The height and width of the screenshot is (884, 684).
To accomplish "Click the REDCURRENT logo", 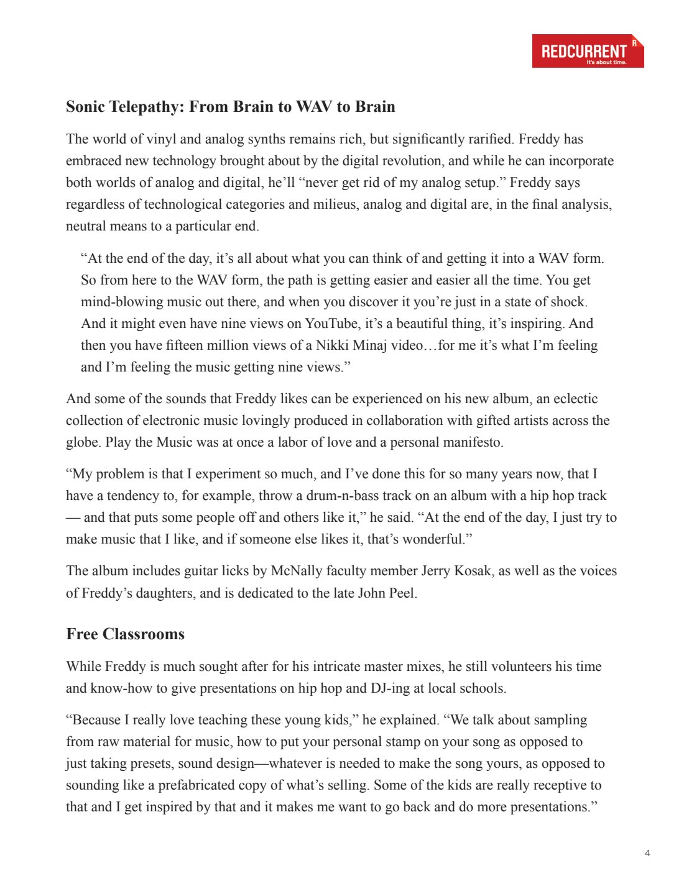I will pyautogui.click(x=588, y=51).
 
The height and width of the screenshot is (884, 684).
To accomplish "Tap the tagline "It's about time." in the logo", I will pyautogui.click(x=606, y=62).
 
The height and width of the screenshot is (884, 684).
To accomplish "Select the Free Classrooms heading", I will pyautogui.click(x=126, y=634).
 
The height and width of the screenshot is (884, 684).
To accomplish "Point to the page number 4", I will pyautogui.click(x=647, y=853).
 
